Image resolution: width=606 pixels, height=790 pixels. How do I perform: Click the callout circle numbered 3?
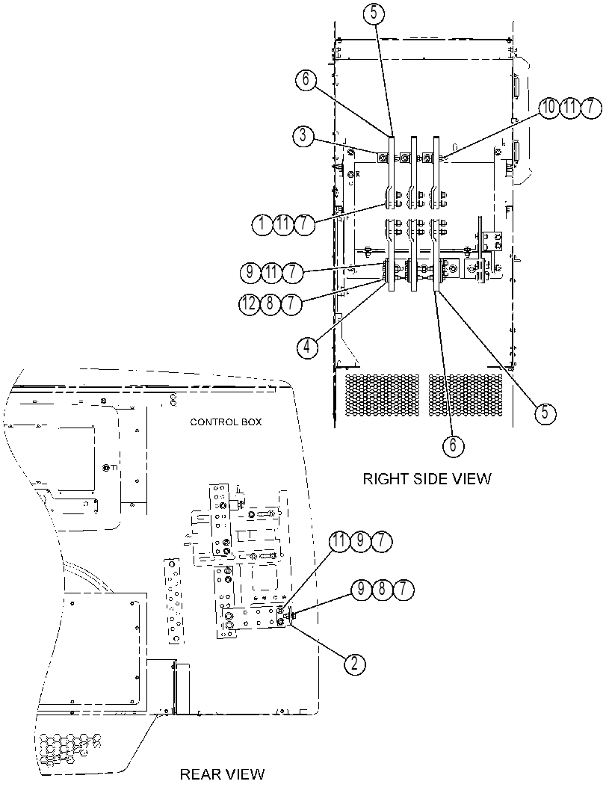pos(303,136)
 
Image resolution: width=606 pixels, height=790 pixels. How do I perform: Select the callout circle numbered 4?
pos(307,347)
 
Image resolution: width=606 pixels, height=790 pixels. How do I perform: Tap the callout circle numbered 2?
pos(355,664)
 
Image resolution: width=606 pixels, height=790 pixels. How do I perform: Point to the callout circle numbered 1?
pos(263,224)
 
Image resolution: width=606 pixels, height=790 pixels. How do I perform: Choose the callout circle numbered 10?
pos(549,108)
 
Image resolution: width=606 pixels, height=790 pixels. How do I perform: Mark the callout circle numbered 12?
pos(250,303)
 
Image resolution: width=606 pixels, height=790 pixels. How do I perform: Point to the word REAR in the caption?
pos(199,774)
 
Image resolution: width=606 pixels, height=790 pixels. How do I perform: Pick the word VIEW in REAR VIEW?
pos(244,774)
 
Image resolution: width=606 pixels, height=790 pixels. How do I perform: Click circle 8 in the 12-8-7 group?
pos(270,303)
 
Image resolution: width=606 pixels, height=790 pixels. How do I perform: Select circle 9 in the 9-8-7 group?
pos(361,590)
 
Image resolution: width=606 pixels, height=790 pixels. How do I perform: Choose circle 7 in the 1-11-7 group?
pos(304,224)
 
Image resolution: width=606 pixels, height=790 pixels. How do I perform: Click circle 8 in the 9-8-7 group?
pos(382,590)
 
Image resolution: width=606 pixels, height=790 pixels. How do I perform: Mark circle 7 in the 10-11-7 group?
pos(590,108)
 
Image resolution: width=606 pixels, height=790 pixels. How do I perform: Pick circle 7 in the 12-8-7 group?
pos(291,303)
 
